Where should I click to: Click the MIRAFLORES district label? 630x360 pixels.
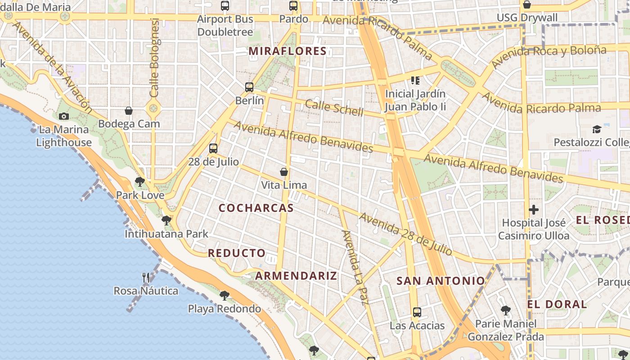pos(287,51)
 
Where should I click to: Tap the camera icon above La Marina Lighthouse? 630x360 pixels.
pos(64,116)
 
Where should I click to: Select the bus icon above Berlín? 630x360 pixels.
pos(249,87)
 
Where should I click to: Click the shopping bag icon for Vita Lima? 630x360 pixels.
pos(284,171)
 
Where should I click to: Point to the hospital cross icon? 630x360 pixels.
pos(534,210)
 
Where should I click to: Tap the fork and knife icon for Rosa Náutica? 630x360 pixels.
pos(146,277)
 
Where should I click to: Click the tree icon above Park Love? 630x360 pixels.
pos(140,182)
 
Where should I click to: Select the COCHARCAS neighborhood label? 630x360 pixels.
pos(256,208)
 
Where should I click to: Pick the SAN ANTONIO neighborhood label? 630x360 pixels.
pos(441,281)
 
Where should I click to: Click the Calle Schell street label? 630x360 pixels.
pos(334,108)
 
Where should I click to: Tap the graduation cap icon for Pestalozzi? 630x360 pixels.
pos(597,129)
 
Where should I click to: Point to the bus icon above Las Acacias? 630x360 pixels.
pos(417,312)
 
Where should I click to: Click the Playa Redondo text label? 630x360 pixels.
pos(224,309)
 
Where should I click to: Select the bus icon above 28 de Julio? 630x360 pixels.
pos(213,148)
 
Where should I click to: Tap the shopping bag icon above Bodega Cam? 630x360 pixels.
pos(129,110)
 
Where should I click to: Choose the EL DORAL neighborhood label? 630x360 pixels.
pos(557,304)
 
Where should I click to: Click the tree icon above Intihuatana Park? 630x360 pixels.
pos(166,220)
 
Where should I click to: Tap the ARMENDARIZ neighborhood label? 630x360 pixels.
pos(296,276)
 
